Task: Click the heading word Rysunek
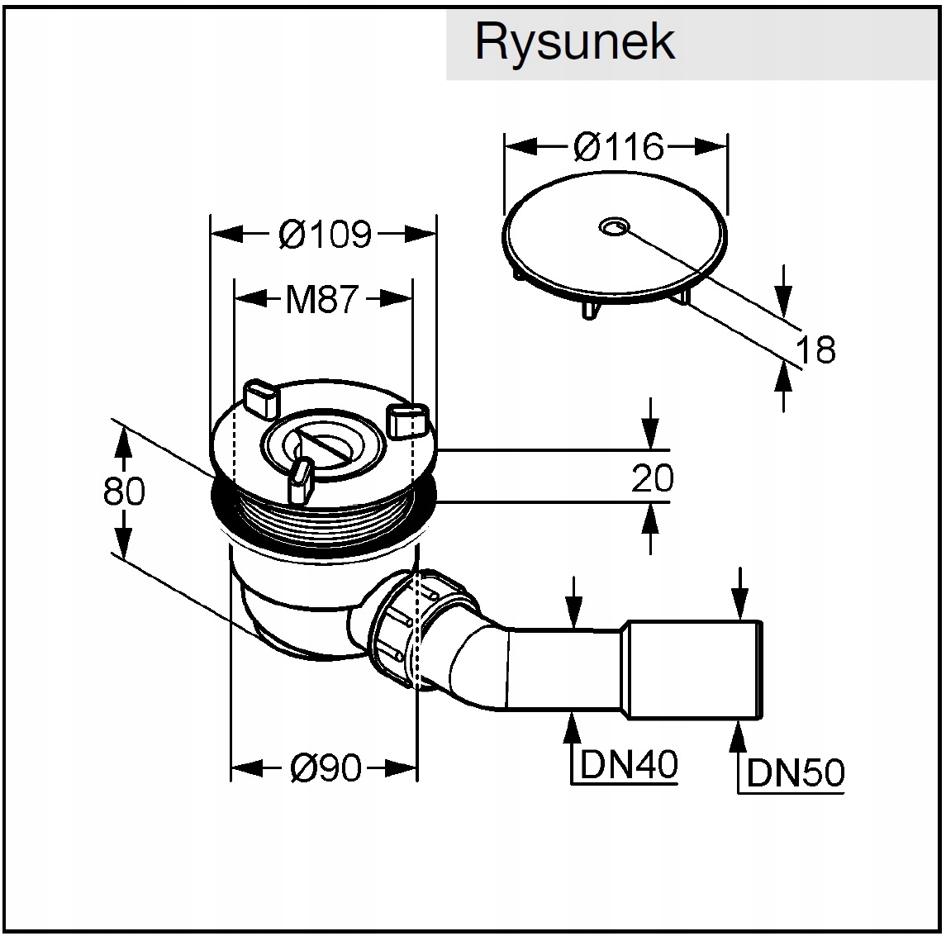(574, 41)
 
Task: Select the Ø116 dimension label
(618, 147)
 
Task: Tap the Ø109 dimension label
(325, 234)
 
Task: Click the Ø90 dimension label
(326, 767)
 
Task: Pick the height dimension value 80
(124, 491)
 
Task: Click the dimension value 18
(815, 349)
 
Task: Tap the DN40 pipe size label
(630, 764)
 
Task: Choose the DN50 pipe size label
(796, 772)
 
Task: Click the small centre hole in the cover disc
(615, 226)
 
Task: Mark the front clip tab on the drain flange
(302, 481)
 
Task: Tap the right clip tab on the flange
(408, 420)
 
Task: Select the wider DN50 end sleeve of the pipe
(694, 669)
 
